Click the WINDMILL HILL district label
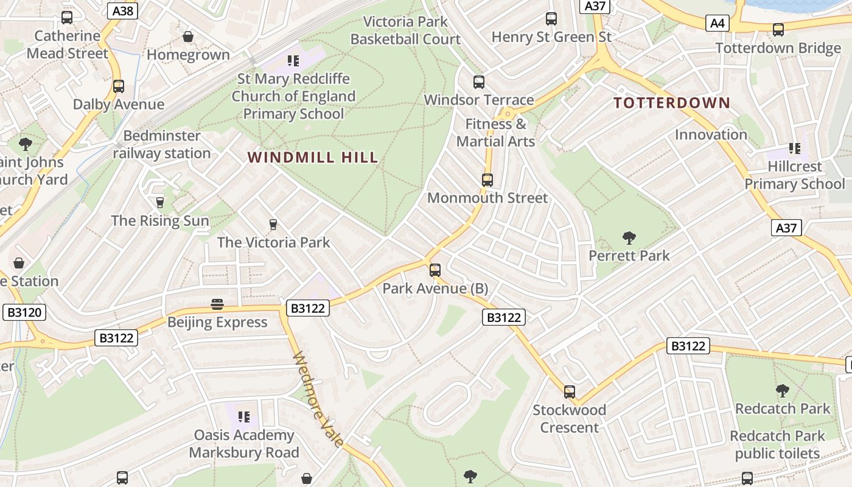click(313, 158)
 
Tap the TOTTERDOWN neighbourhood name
click(671, 102)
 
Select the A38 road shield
click(122, 10)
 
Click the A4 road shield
click(718, 23)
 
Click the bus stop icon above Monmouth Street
click(487, 180)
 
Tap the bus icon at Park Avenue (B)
click(435, 270)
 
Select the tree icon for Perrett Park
click(629, 237)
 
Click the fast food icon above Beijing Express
click(217, 304)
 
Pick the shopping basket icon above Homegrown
click(188, 37)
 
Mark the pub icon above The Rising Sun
click(160, 203)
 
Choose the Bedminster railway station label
click(161, 144)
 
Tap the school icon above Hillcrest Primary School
click(794, 149)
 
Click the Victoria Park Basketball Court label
click(405, 30)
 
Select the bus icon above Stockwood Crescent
click(569, 392)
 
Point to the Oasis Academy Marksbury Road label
click(243, 444)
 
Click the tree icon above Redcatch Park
click(783, 390)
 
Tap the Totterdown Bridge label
click(778, 48)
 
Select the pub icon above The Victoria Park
click(273, 225)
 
